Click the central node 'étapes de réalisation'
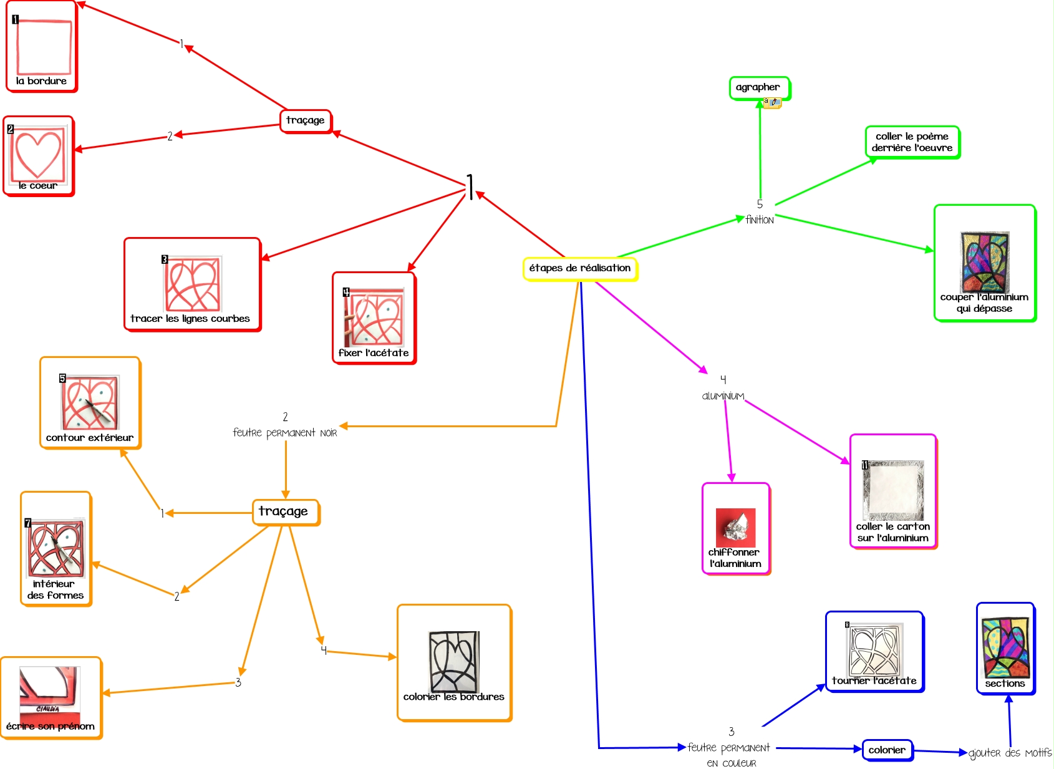point(580,268)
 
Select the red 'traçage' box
point(305,120)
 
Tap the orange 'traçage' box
point(284,511)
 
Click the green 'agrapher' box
point(758,87)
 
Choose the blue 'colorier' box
point(887,750)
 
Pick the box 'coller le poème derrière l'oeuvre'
point(912,142)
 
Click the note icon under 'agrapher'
point(773,102)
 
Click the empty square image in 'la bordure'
point(43,47)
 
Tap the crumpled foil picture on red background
point(735,528)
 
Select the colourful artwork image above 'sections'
point(1005,647)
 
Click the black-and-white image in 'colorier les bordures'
point(454,661)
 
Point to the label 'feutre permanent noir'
point(285,433)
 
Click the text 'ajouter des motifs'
point(1010,753)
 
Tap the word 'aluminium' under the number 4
point(723,396)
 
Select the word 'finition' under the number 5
point(760,220)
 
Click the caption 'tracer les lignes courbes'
point(190,319)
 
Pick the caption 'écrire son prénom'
point(51,727)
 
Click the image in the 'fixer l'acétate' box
point(374,317)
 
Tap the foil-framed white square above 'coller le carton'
point(893,490)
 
